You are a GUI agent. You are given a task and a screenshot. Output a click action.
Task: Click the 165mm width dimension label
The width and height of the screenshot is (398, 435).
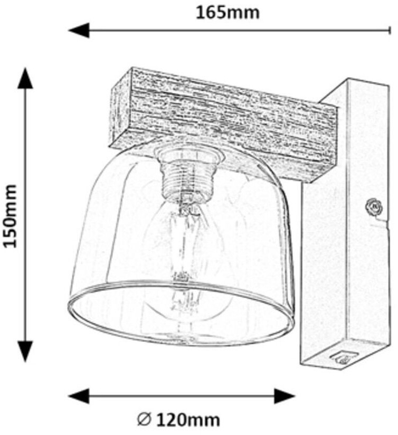click(x=228, y=12)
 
